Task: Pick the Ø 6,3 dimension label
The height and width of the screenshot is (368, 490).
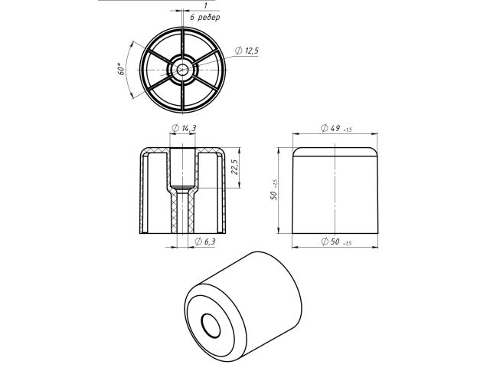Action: tap(204, 242)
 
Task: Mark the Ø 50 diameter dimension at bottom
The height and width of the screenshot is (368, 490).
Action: tap(335, 242)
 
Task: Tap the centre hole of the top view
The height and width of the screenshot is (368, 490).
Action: tap(183, 70)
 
